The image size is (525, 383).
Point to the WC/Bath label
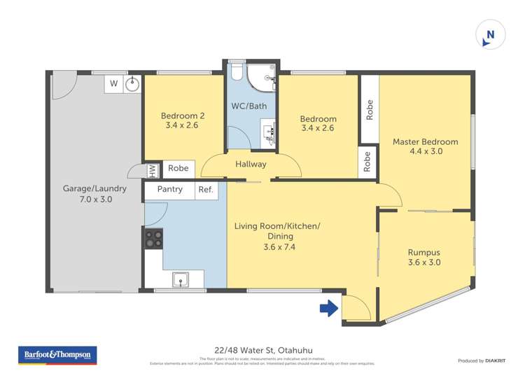[248, 106]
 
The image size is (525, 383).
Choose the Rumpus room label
[424, 257]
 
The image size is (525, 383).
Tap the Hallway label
[251, 165]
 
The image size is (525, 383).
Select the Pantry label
[169, 190]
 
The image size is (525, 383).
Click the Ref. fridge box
[206, 190]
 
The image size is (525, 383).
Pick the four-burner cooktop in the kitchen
[153, 239]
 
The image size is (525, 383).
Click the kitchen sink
[181, 281]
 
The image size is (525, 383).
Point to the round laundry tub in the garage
[133, 84]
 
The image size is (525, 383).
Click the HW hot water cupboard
[150, 169]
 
